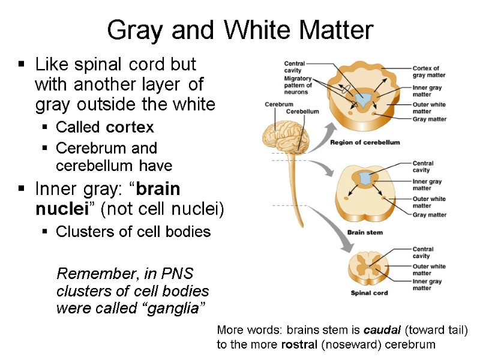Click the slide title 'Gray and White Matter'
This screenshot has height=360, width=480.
(x=240, y=30)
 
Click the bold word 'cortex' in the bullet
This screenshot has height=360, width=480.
(x=131, y=128)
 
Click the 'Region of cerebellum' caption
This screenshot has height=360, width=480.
(x=365, y=143)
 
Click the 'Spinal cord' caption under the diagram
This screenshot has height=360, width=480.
(x=369, y=293)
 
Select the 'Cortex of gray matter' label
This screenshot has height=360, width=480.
(x=426, y=72)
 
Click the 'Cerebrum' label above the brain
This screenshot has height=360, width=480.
(x=278, y=104)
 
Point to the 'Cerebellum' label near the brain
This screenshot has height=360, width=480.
(x=302, y=112)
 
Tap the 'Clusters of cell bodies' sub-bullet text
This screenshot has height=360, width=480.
(x=133, y=232)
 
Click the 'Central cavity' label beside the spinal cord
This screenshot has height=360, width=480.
(x=422, y=253)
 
